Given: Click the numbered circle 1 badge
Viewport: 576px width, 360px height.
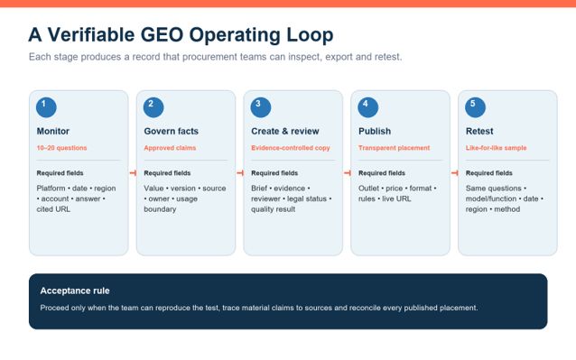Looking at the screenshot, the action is [46, 107].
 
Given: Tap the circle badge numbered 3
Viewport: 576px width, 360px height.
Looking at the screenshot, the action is [261, 107].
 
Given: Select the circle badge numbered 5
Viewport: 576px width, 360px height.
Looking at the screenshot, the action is [476, 107].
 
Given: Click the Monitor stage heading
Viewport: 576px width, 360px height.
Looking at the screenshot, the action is [53, 131].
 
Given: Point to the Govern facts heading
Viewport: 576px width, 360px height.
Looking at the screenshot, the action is [172, 131].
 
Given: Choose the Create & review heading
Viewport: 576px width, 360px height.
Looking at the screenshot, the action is [285, 131].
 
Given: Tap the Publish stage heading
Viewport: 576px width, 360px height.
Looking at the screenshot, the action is [375, 131].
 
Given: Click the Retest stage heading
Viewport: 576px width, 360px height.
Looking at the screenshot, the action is [479, 131].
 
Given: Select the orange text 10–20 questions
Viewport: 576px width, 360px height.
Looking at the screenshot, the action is [61, 148].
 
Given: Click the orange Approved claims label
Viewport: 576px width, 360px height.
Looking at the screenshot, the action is [170, 148].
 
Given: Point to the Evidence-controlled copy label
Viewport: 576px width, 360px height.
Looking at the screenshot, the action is [291, 148].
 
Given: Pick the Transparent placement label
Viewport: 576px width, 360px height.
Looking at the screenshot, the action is [395, 148].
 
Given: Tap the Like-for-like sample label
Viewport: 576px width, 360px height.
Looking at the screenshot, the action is [496, 148].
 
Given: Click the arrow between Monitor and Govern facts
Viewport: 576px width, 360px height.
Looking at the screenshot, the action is [133, 173].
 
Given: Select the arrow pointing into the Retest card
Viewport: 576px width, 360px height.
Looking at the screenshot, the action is [455, 173].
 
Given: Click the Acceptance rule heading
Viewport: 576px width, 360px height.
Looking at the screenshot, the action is [75, 291].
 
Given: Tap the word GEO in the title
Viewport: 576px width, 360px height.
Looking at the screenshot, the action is [162, 35].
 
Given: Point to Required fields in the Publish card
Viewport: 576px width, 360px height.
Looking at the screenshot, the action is [382, 173].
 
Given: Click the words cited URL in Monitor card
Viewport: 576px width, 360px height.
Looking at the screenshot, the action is [53, 209].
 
